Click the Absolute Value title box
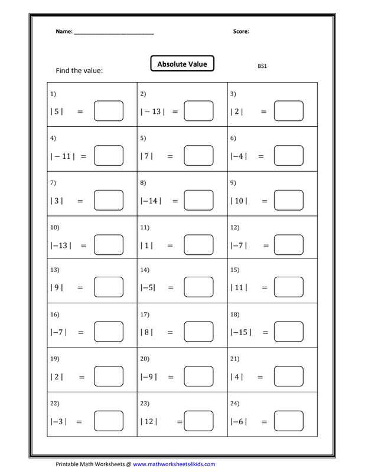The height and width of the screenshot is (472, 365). [182, 64]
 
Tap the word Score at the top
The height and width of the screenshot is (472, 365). [241, 32]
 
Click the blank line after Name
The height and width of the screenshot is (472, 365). [114, 33]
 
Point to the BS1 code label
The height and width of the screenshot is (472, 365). [262, 66]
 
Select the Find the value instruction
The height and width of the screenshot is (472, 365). [79, 71]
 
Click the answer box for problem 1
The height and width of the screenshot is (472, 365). [109, 111]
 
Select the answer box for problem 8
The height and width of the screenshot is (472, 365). [198, 201]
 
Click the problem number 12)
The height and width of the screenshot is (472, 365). [235, 227]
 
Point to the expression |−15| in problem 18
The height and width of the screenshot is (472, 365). [240, 333]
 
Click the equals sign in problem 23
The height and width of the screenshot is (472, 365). [179, 422]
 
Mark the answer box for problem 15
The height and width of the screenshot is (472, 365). [288, 289]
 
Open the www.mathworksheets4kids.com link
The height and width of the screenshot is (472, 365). [174, 464]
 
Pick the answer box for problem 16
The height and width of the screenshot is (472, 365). [109, 333]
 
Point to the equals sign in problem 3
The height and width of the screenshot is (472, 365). [263, 112]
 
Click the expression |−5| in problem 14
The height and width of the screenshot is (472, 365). [148, 289]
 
